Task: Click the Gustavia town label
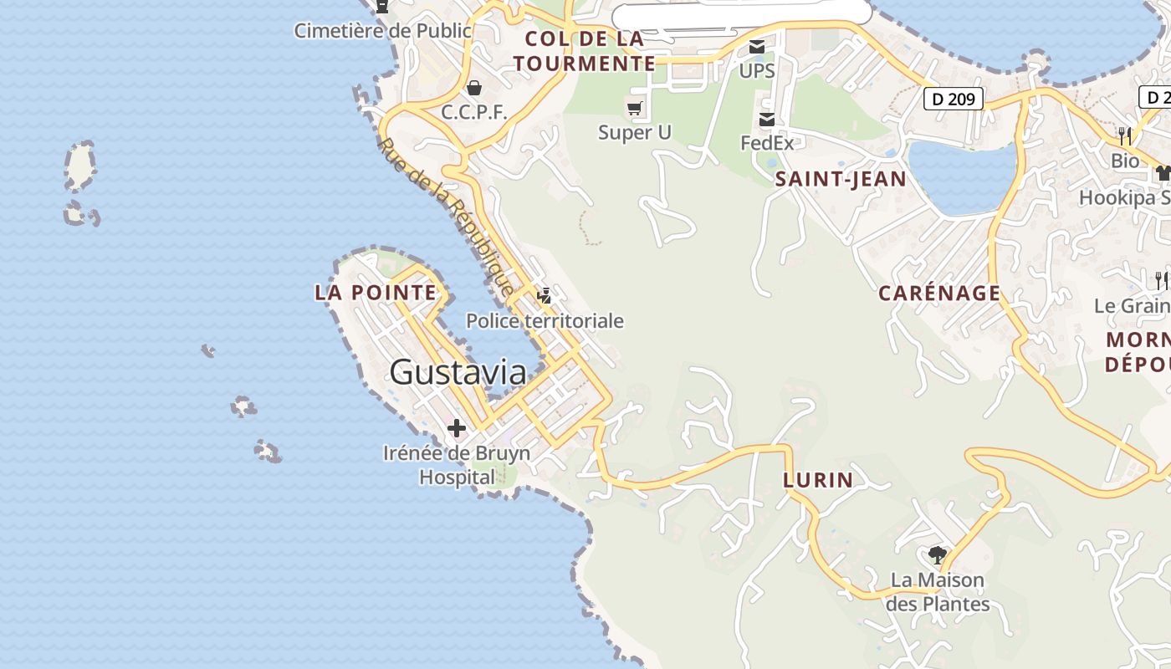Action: coord(458,372)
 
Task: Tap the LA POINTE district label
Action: coord(376,293)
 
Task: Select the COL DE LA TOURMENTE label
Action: coord(585,51)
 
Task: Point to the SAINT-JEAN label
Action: coord(841,178)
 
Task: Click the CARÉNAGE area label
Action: coord(939,293)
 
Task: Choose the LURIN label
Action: coord(818,480)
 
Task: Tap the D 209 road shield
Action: coord(953,99)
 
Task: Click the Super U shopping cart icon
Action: coord(635,108)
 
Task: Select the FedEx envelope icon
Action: coord(766,120)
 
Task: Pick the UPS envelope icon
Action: coord(757,48)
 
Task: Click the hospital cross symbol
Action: coord(457,429)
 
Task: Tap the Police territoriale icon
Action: coord(545,295)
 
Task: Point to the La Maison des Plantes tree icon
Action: coord(937,554)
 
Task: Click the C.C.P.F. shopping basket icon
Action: coord(474,88)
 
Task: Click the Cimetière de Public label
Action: coord(382,30)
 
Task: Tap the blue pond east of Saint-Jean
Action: coord(962,176)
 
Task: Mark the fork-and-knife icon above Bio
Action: coord(1125,135)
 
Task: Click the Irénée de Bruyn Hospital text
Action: coord(457,465)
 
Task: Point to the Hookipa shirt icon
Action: coord(1163,173)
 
